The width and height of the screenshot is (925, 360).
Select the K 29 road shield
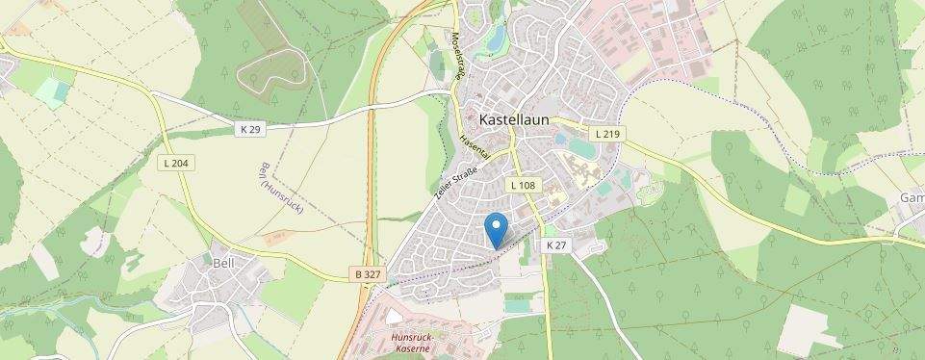[250, 128]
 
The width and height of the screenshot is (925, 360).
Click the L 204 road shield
[176, 164]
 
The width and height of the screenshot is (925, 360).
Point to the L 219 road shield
[606, 134]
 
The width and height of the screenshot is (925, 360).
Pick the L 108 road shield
[523, 184]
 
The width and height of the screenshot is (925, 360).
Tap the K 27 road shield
[556, 245]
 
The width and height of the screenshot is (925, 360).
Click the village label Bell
[223, 261]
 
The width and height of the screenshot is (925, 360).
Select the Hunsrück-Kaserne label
[418, 345]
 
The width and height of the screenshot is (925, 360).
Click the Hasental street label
[475, 146]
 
